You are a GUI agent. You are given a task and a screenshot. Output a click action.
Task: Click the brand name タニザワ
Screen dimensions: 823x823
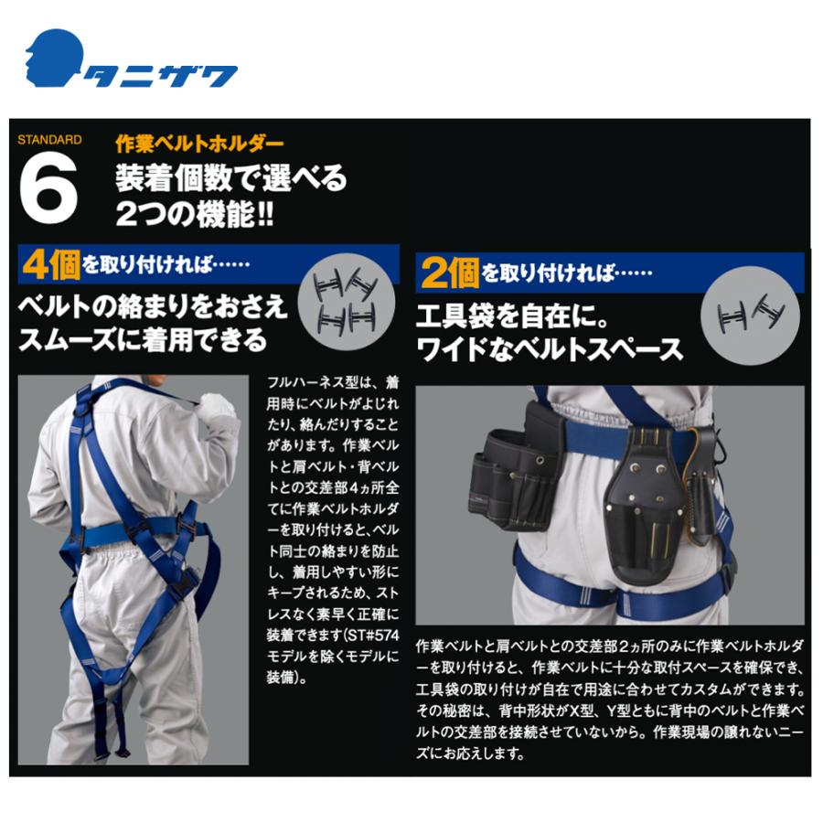pos(161,75)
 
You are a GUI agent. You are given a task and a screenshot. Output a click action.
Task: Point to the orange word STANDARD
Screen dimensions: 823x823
pos(49,141)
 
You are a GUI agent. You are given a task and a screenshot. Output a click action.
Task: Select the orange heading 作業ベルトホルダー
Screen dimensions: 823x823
pos(199,144)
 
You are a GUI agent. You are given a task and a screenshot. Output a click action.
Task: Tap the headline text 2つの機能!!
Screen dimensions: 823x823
pos(194,215)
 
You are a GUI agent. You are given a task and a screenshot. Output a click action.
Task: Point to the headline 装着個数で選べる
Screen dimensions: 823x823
pos(230,177)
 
